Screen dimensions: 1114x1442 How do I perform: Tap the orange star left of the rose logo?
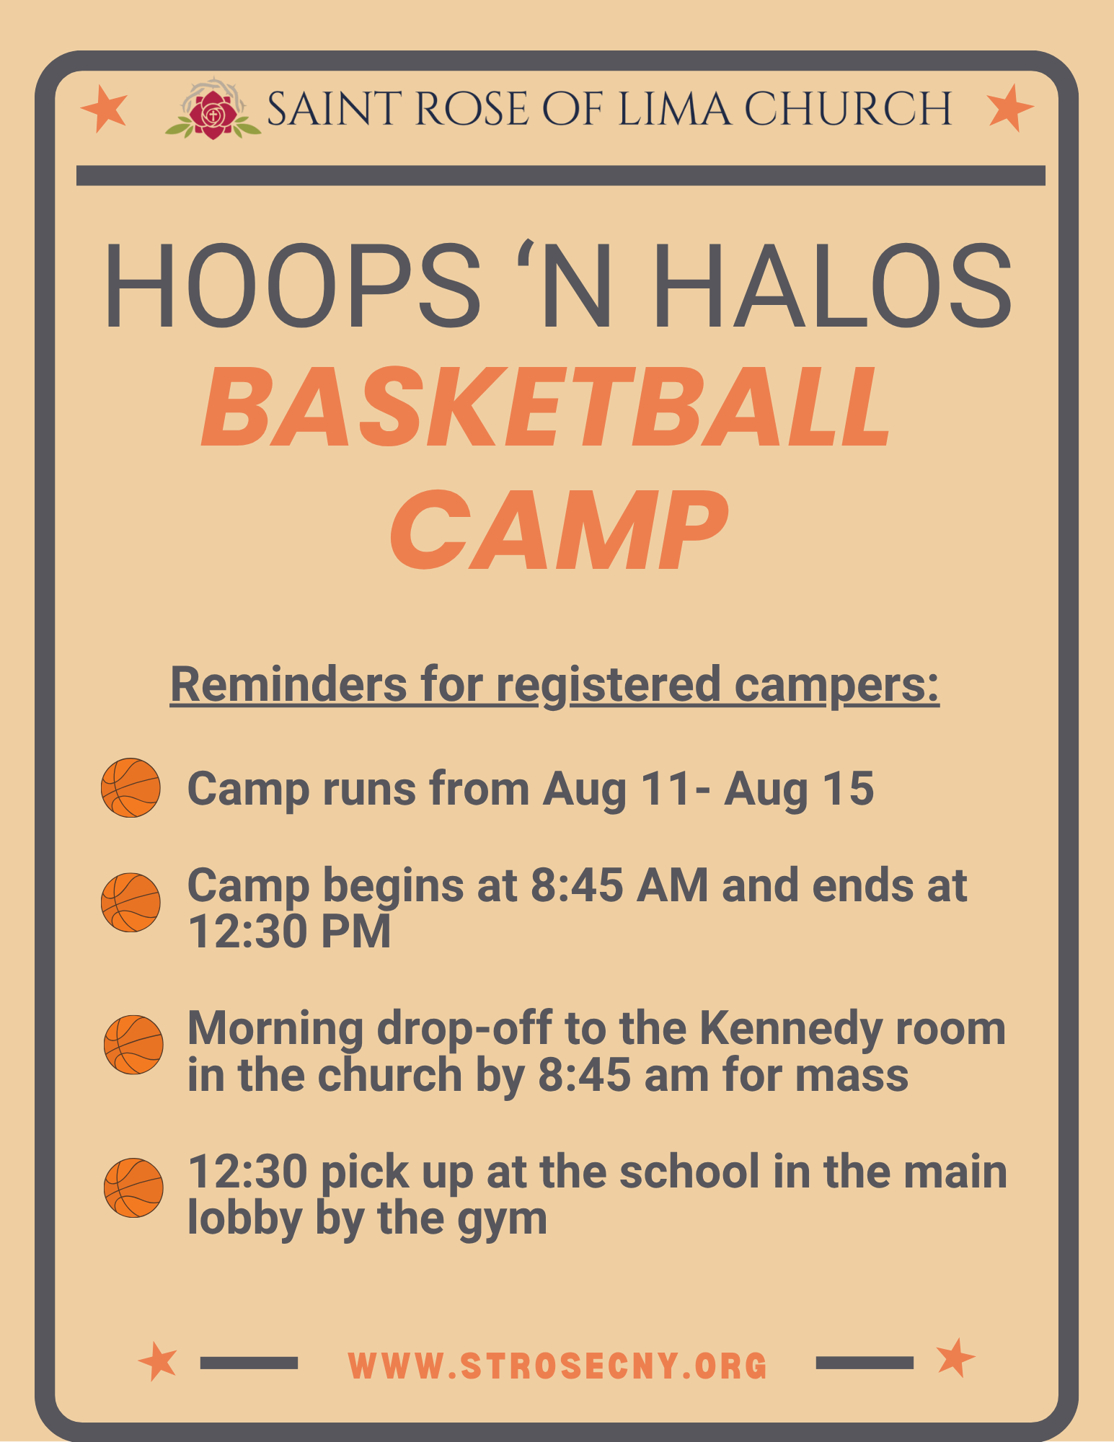(104, 108)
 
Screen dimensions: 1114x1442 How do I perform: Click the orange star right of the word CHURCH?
(1010, 107)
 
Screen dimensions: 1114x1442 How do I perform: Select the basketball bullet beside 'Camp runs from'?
(131, 787)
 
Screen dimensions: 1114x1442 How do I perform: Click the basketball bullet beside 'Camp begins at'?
(131, 903)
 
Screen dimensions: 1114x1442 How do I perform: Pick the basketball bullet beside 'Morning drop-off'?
(133, 1045)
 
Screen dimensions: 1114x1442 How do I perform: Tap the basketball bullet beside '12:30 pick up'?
(133, 1187)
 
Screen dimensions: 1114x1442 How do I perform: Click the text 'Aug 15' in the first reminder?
(799, 789)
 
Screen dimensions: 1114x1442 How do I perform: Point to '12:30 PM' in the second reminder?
(289, 931)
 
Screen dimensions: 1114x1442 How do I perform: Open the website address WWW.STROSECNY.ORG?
(557, 1366)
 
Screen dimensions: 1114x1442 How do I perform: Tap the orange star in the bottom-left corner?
(158, 1361)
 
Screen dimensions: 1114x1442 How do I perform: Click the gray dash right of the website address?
(865, 1362)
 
